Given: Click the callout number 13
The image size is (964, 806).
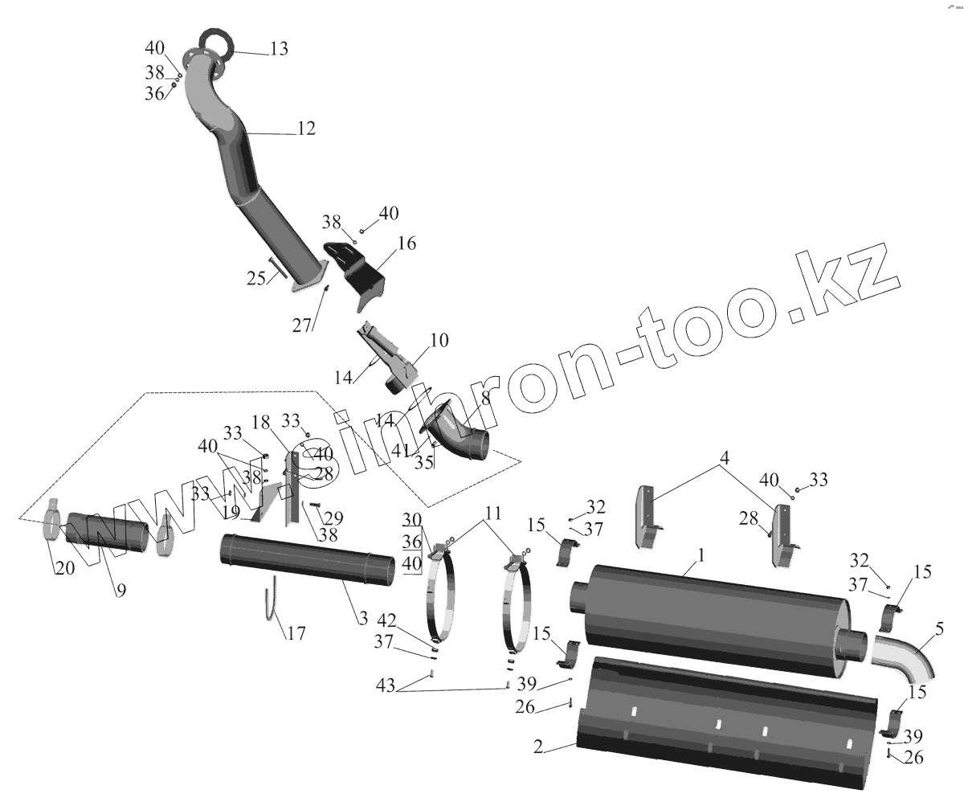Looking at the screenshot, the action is pos(278,50).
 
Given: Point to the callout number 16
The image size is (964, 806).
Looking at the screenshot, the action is pos(406,243).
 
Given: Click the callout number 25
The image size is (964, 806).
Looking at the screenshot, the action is pos(256,278).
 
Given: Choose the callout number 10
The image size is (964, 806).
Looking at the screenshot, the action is pos(439,340).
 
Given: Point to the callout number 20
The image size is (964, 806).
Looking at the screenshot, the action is pos(64,567).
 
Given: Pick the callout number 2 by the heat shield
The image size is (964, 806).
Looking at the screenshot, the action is pos(538,747).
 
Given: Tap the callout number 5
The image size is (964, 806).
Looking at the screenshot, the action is pos(939,627).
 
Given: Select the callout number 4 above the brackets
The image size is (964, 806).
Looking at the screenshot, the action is pos(725,459).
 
